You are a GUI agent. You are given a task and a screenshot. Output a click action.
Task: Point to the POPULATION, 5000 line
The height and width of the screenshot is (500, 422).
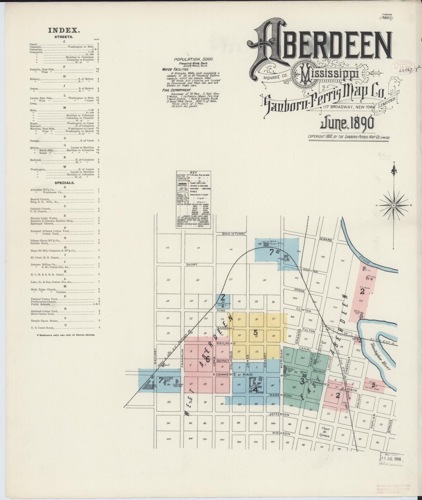click(194, 60)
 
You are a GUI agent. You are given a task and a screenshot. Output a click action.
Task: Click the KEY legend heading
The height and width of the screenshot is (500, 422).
click(194, 173)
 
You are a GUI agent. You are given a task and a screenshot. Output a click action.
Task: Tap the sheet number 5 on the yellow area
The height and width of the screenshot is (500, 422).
click(256, 332)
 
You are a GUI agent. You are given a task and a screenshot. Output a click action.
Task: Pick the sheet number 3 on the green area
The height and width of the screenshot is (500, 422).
click(302, 382)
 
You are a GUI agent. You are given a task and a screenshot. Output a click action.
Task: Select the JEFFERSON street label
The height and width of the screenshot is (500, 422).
click(279, 415)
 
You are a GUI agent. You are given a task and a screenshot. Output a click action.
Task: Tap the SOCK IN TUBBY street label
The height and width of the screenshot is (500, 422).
click(233, 234)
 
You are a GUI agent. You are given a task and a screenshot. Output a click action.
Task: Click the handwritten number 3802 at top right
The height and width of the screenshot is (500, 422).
click(386, 18)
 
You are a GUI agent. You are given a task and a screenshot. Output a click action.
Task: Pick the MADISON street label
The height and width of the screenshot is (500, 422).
click(281, 433)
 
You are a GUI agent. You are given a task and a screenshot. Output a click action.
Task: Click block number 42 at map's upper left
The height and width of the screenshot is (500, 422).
click(168, 248)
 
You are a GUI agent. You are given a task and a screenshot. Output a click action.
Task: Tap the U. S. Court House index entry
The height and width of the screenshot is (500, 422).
click(42, 327)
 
